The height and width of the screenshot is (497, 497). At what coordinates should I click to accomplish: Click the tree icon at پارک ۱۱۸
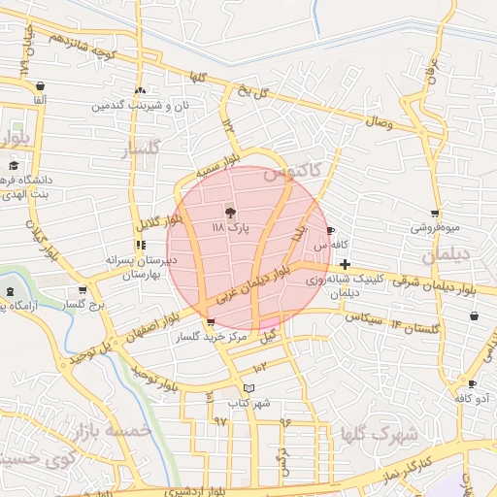pyautogui.click(x=230, y=212)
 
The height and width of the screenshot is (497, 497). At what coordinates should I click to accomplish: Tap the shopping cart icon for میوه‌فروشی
pyautogui.click(x=435, y=213)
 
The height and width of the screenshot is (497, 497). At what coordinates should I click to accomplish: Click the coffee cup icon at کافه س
pyautogui.click(x=331, y=231)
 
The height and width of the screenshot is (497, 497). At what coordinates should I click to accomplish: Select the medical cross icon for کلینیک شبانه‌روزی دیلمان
pyautogui.click(x=346, y=263)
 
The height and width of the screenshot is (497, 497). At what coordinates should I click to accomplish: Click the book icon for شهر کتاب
pyautogui.click(x=249, y=388)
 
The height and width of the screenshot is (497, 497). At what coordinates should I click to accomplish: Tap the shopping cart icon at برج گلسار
pyautogui.click(x=83, y=289)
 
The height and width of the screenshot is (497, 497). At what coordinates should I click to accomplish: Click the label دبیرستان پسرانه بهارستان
pyautogui.click(x=142, y=267)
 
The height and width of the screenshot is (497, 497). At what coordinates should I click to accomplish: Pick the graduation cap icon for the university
pyautogui.click(x=14, y=167)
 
